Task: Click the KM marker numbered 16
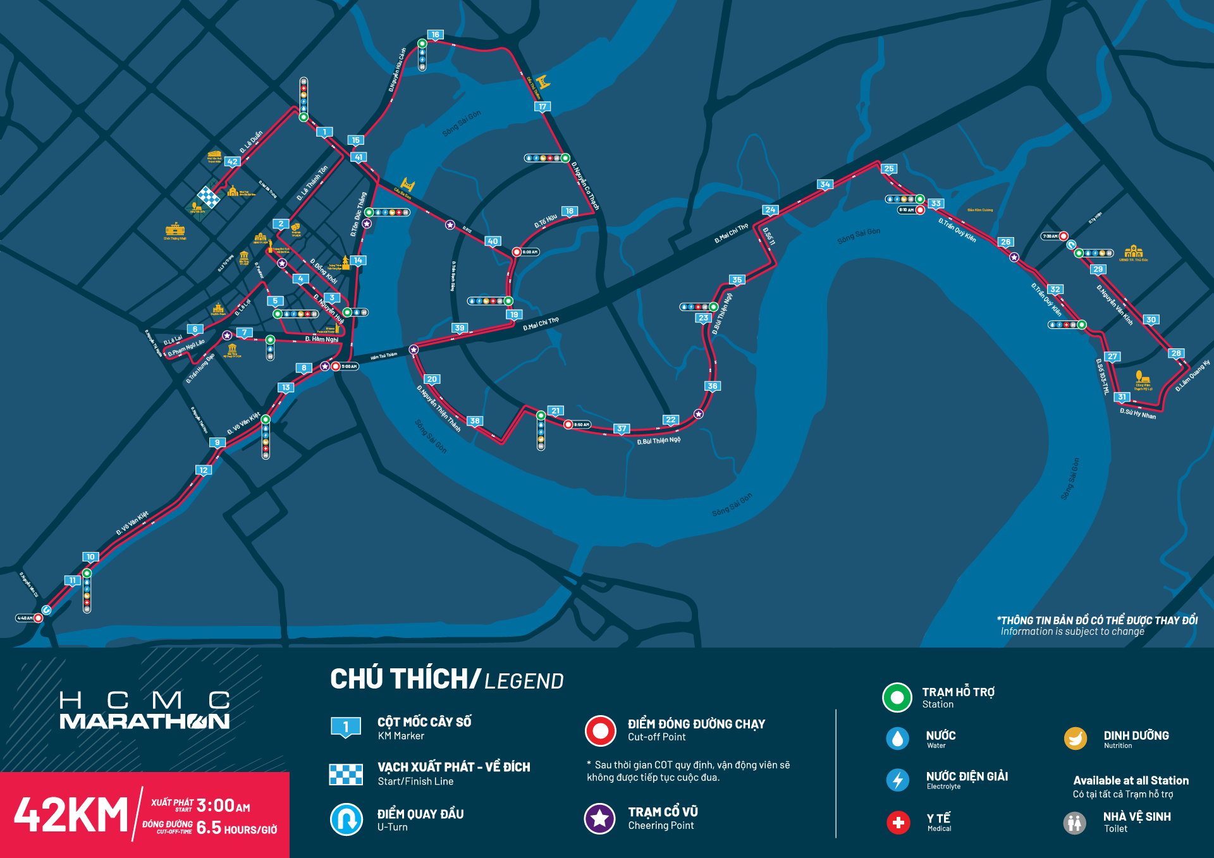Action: point(435,35)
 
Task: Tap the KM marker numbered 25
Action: point(889,169)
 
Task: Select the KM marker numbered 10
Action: point(90,557)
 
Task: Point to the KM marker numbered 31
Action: point(1122,397)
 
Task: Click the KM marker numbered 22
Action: point(671,420)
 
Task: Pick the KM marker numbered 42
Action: point(233,161)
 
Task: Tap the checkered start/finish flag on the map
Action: point(209,197)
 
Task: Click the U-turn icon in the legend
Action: point(346,819)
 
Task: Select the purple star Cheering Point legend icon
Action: point(599,819)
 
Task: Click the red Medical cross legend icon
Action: point(898,823)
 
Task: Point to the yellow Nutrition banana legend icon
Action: point(1075,738)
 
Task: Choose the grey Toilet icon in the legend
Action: point(1074,823)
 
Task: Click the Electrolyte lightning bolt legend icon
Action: point(898,780)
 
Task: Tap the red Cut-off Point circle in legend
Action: point(600,731)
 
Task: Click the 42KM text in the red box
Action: point(71,815)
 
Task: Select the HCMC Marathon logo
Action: point(145,711)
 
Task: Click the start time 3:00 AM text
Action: point(223,806)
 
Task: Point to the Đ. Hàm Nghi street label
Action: point(322,340)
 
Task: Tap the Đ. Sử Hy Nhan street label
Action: point(1137,414)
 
